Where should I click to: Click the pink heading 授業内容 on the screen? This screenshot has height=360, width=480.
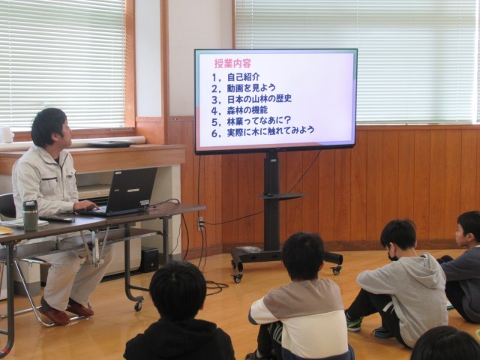pos(232,63)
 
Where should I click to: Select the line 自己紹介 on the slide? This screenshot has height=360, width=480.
pos(243,76)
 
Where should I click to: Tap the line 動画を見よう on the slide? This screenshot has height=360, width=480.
pos(251,88)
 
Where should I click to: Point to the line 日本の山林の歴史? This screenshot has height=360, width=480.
pos(259,99)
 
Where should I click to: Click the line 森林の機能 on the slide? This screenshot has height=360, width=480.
pos(247,110)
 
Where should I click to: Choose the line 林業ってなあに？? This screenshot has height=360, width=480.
pos(259,121)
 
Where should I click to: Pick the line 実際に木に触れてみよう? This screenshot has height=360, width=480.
pos(271,131)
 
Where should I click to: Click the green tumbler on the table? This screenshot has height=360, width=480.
pos(31,215)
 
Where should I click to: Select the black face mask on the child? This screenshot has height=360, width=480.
pos(392,255)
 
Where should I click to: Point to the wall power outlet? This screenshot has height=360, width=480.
pos(201,223)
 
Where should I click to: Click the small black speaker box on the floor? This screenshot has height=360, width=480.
pos(150,259)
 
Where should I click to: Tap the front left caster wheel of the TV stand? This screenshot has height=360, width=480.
pos(237,277)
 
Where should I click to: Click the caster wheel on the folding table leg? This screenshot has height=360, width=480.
pos(139,305)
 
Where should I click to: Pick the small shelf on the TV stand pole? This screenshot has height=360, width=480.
pos(282,196)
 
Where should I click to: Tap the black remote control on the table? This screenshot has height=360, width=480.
pos(57,219)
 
